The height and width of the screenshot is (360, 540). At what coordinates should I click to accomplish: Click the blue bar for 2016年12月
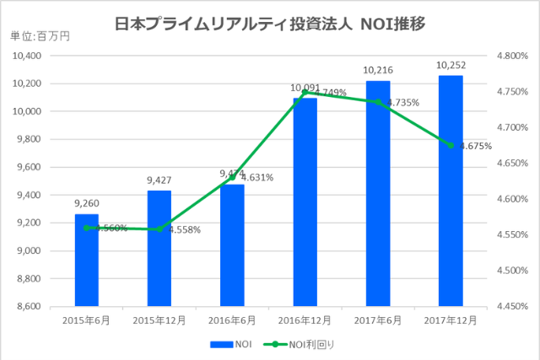pos(305,202)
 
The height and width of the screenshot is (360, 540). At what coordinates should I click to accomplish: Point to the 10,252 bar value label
pos(451,65)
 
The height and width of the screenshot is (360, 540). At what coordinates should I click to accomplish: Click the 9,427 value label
pos(159,180)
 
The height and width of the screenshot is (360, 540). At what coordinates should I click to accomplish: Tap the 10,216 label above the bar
pos(378,70)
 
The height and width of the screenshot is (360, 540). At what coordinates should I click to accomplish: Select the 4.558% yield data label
pos(183,230)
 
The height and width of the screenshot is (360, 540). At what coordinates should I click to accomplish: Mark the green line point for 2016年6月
pos(232,178)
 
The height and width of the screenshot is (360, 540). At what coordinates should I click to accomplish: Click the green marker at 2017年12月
pos(451,145)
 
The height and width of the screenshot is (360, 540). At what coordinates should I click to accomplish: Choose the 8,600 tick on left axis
pos(30,307)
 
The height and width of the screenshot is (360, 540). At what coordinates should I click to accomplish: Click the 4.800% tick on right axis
pos(511,56)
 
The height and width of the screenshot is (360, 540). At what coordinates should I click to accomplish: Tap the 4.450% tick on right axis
pos(511,307)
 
